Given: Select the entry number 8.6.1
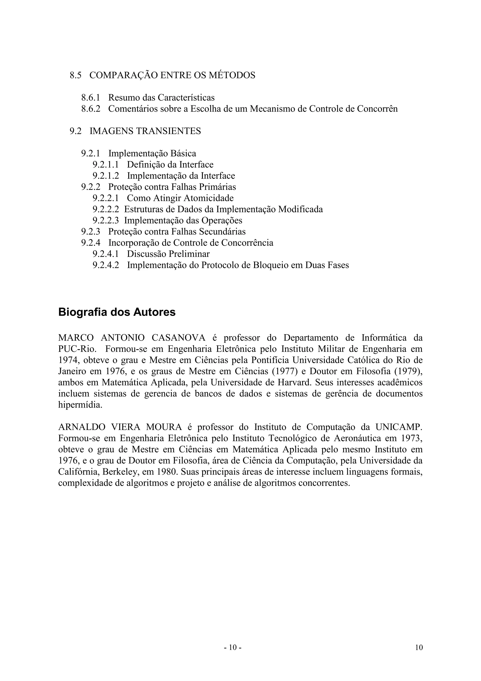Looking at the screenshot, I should pyautogui.click(x=91, y=98).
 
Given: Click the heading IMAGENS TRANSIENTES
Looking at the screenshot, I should pyautogui.click(x=145, y=131).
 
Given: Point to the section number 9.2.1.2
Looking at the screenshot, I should pyautogui.click(x=106, y=176).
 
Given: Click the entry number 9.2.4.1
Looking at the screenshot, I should pyautogui.click(x=106, y=254).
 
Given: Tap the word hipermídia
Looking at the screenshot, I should pyautogui.click(x=80, y=405).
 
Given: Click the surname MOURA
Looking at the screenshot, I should pyautogui.click(x=164, y=427).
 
